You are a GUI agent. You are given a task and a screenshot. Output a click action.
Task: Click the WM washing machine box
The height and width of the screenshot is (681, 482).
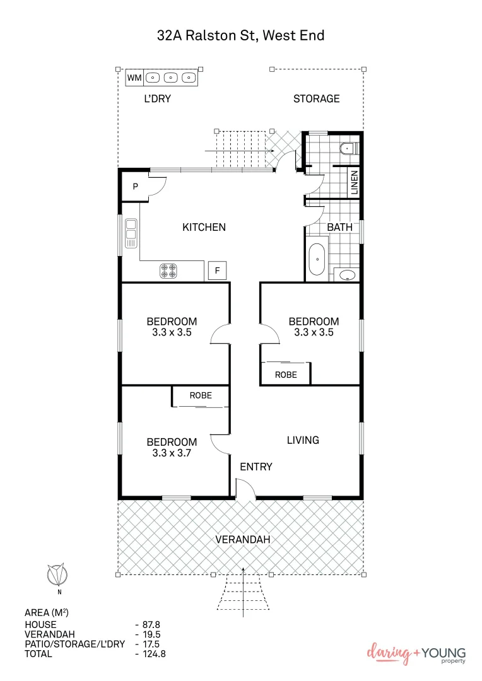point(134,78)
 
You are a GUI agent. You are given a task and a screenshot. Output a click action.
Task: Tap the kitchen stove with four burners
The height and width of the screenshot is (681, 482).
point(168,271)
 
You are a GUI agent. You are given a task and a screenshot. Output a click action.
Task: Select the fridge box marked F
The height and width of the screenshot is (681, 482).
point(217,271)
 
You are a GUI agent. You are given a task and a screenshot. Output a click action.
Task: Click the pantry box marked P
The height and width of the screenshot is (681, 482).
point(135,187)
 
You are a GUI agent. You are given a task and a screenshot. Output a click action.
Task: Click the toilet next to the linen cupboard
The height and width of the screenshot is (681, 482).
point(348,149)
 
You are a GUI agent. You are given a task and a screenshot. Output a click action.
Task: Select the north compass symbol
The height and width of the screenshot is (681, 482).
point(58,575)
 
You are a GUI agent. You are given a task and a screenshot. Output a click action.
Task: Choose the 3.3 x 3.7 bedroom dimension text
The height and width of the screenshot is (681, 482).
point(172,453)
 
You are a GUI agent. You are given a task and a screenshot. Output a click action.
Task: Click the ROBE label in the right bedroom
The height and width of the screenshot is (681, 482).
point(286,375)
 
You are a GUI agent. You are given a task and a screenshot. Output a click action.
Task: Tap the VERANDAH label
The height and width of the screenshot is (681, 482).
point(243,539)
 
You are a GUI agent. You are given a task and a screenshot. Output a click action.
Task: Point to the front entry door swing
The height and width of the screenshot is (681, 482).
point(245,489)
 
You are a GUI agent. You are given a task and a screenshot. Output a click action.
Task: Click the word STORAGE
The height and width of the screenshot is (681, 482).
point(316,98)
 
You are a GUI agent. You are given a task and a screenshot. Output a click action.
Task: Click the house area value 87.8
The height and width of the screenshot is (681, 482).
point(150,624)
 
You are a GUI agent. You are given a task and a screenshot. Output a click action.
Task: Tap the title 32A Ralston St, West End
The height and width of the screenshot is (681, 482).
point(240,35)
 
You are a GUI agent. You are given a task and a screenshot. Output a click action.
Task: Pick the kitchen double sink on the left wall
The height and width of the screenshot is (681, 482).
point(131,231)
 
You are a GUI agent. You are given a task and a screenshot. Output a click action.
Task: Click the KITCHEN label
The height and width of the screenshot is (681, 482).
point(204,227)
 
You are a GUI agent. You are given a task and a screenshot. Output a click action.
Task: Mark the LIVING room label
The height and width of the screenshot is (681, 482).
point(303,440)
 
